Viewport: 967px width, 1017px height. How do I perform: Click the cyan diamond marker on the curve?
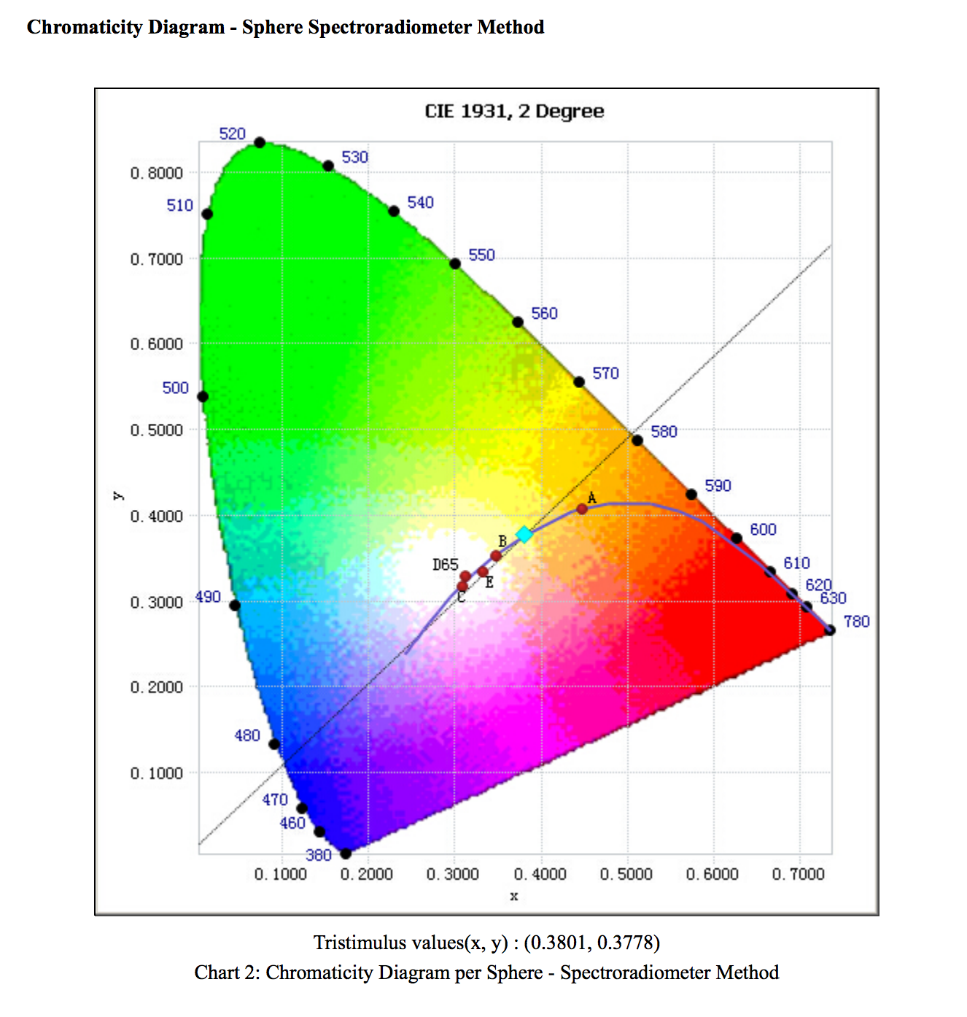[x=524, y=535]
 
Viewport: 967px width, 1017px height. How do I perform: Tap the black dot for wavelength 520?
[x=260, y=142]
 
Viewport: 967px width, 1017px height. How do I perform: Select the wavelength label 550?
[x=481, y=255]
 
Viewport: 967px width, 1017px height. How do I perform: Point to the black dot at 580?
[x=637, y=441]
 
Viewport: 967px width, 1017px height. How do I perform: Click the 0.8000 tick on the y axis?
[x=157, y=174]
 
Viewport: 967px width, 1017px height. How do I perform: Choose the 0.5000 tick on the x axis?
[x=626, y=874]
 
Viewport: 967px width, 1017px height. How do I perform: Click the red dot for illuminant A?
[x=582, y=509]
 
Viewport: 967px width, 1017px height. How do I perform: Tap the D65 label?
[x=445, y=565]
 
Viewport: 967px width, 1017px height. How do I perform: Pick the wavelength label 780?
[x=857, y=622]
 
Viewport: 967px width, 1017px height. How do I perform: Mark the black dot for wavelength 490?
[x=235, y=606]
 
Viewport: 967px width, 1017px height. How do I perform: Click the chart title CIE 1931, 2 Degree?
[x=514, y=112]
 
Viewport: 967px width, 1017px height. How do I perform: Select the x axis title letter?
[x=514, y=897]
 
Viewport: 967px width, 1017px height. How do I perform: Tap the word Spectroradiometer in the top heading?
[x=389, y=28]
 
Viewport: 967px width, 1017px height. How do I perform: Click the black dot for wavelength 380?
[x=346, y=854]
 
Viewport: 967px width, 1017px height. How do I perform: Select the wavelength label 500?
[x=175, y=388]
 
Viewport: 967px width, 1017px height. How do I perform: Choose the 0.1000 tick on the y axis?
[x=157, y=773]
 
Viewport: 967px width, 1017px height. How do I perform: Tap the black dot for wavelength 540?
[x=394, y=212]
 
